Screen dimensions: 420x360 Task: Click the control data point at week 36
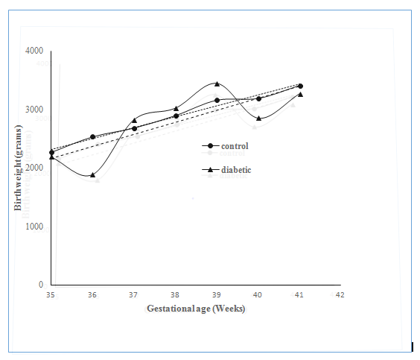92,136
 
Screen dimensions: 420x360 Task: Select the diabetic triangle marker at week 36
92,175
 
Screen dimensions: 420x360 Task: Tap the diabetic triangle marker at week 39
217,84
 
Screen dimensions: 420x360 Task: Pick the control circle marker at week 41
300,86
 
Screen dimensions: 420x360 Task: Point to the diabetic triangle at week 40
258,119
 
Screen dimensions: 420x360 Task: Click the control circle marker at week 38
176,116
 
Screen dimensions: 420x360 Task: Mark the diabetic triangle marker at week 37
134,120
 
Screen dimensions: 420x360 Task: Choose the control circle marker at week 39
217,101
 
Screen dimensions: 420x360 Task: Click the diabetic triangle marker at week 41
300,95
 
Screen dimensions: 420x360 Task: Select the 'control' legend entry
225,146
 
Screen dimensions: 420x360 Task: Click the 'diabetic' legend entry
226,170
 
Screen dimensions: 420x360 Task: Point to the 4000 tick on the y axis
34,51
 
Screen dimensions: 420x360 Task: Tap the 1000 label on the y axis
34,227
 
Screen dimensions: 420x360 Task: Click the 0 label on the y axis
41,284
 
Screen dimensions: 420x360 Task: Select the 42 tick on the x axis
340,295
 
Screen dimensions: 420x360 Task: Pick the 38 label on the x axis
175,295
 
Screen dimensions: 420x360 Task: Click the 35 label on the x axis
51,295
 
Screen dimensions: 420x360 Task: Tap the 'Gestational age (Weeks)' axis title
196,309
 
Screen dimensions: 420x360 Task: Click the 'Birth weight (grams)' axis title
18,168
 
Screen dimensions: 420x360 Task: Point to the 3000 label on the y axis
34,110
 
